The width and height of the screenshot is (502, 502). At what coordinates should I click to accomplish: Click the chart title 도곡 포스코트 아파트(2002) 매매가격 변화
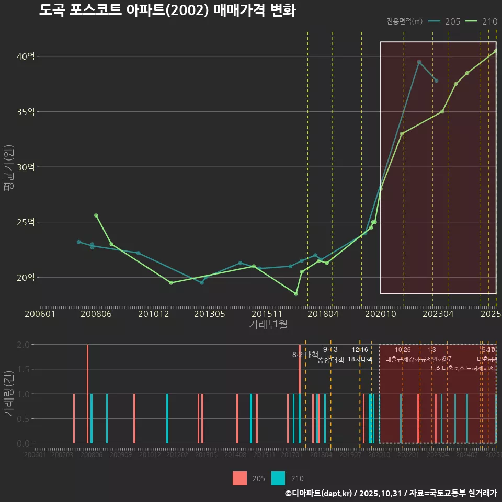tap(167, 10)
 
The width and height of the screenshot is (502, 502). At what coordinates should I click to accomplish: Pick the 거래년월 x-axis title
tap(268, 325)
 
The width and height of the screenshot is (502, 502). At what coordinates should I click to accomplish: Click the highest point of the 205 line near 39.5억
tap(419, 62)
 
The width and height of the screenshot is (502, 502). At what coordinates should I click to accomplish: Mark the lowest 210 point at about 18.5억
tap(296, 294)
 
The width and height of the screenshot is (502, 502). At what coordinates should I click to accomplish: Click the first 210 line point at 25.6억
tap(96, 215)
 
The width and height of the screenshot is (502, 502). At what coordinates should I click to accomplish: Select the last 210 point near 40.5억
tap(496, 51)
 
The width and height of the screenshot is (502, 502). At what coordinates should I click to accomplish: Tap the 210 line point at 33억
tap(402, 134)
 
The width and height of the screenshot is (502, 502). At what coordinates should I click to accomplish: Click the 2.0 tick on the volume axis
tap(23, 345)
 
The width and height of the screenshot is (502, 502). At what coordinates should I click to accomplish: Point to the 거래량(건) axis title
tap(8, 394)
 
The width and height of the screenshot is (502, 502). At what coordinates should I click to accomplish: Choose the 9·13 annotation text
tap(330, 349)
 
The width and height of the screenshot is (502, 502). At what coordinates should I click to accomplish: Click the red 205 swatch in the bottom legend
tap(239, 478)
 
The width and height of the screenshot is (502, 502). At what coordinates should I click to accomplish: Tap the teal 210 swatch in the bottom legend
tap(279, 478)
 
